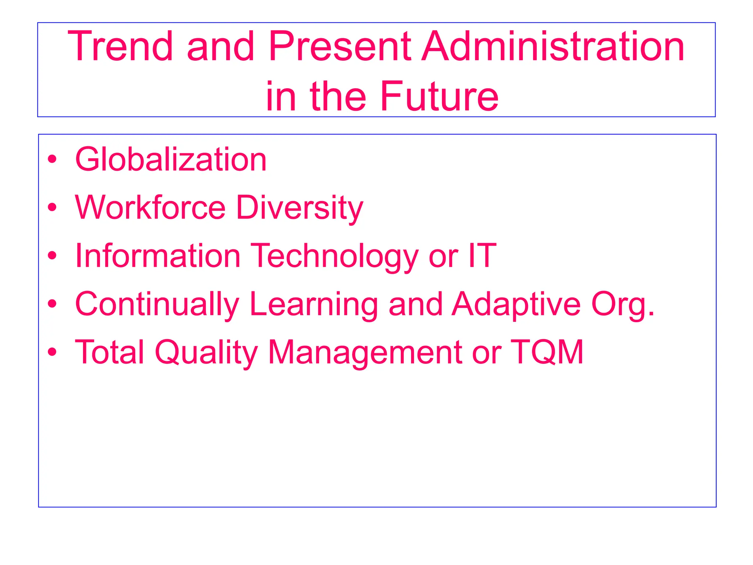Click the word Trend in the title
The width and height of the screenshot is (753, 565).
tap(120, 46)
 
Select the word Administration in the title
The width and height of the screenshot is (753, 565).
tap(553, 46)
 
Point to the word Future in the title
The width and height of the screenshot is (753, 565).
tap(439, 96)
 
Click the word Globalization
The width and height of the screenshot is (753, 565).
tap(171, 159)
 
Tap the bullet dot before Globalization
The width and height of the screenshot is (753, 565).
tap(52, 159)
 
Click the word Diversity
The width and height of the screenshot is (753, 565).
tap(300, 208)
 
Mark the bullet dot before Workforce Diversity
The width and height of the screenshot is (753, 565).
tap(52, 207)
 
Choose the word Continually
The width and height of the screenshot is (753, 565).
tap(157, 305)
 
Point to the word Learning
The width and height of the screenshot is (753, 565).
tap(314, 305)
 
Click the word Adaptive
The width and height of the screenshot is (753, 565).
tap(516, 305)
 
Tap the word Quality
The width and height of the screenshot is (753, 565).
tap(206, 352)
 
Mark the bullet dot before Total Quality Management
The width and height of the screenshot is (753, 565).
tap(52, 352)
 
